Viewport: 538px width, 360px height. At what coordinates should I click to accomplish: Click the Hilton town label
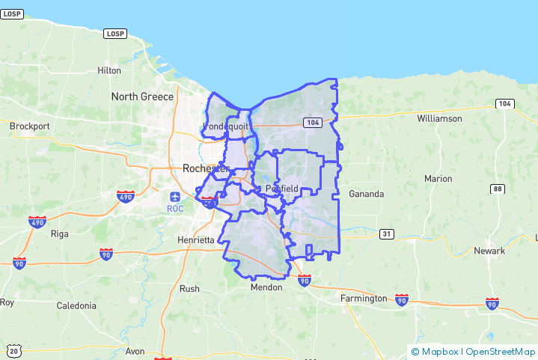click(109, 70)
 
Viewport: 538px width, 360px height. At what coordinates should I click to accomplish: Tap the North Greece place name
click(142, 97)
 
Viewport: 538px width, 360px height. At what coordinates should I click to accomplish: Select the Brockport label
click(29, 126)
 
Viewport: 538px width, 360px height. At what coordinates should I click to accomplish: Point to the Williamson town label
click(439, 118)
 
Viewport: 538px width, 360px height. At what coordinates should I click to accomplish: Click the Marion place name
click(438, 179)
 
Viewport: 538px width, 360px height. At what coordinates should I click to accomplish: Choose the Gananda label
click(366, 194)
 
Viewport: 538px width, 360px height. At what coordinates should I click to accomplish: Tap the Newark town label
click(490, 251)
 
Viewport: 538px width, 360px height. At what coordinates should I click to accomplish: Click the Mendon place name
click(266, 287)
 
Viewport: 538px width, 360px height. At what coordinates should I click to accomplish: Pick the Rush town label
click(189, 288)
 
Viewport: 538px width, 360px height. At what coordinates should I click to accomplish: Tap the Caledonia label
click(76, 305)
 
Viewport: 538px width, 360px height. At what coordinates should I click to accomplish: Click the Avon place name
click(135, 351)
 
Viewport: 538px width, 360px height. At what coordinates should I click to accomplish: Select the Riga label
click(59, 234)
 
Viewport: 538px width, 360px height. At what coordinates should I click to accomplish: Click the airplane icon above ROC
click(175, 196)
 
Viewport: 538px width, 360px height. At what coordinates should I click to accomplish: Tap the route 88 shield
click(498, 189)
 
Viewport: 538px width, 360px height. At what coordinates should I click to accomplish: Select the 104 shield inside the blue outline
click(312, 122)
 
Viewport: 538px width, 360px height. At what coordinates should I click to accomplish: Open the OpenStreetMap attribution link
click(499, 351)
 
